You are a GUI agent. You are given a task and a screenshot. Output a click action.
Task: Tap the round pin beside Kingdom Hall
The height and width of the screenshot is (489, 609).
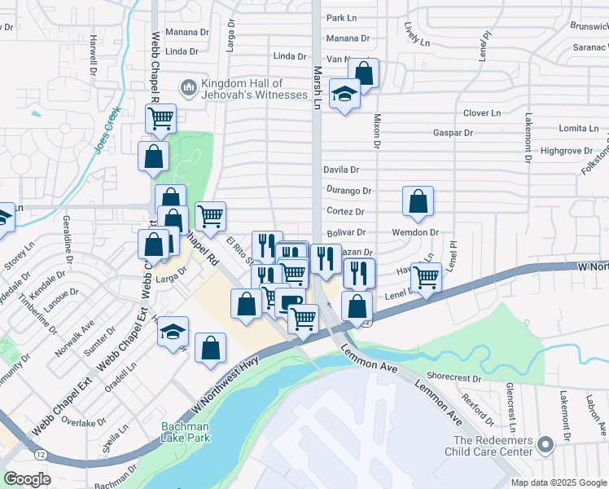188,86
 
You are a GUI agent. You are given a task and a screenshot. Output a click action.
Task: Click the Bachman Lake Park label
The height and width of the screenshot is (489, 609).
185,432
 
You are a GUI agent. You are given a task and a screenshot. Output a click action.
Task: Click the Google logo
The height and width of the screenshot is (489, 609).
28,480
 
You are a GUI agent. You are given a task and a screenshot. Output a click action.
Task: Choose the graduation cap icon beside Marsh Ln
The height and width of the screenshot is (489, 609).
345,95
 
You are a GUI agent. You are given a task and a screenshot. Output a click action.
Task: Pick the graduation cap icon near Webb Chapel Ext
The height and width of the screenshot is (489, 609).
173,331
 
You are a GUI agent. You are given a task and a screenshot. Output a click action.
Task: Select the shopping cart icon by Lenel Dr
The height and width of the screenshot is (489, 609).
426,277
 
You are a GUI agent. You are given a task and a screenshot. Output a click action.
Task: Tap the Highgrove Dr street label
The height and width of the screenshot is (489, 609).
567,151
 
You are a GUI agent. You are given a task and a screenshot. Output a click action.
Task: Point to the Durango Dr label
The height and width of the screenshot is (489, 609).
348,191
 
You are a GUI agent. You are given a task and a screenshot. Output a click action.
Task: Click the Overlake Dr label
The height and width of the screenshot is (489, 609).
80,422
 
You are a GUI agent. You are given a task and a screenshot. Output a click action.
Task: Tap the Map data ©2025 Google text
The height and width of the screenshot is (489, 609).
558,482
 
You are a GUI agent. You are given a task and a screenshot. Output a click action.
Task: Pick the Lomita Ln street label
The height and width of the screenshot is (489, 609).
578,129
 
